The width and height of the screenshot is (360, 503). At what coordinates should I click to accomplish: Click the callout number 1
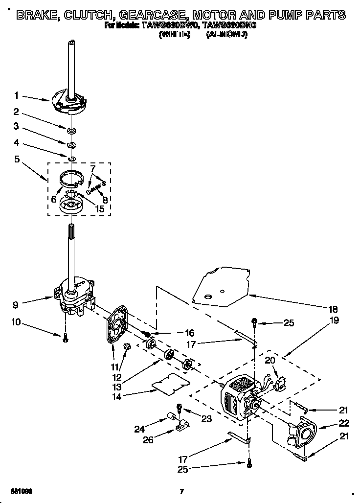[17, 96]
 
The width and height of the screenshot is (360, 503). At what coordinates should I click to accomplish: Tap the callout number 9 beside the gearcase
[17, 304]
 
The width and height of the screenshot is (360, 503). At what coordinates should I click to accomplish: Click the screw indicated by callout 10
[65, 337]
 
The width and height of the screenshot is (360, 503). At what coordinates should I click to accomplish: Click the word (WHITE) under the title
[175, 35]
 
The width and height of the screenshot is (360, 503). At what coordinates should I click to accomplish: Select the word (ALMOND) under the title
[226, 35]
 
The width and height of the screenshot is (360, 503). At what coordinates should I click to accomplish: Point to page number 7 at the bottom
[181, 491]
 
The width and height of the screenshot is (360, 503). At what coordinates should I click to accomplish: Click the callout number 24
[139, 429]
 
